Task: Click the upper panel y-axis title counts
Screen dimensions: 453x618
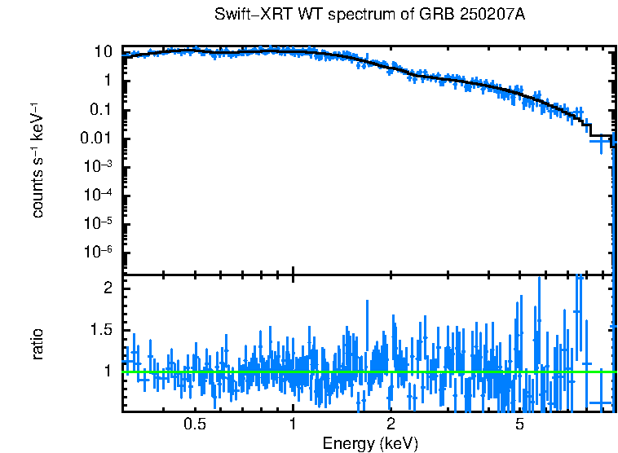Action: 38,190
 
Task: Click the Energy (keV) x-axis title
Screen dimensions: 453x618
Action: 370,443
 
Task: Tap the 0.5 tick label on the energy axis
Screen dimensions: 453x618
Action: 194,424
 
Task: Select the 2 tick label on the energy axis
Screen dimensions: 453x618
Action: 391,424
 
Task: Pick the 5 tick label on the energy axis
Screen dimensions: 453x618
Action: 519,424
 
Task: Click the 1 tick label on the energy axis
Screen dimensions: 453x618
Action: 293,424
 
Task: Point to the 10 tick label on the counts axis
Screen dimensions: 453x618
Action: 102,51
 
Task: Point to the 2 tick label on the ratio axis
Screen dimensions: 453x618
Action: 106,288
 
